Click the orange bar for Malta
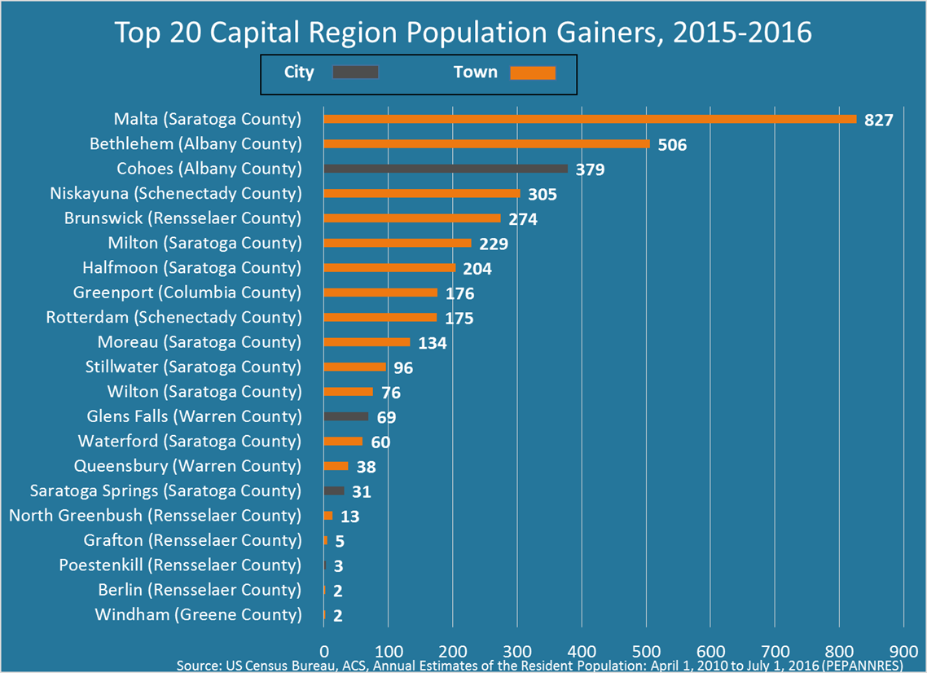[590, 119]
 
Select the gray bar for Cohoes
[446, 169]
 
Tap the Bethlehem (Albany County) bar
[486, 144]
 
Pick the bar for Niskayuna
[421, 193]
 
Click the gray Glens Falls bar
[345, 416]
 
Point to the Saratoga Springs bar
[334, 490]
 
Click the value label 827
[879, 121]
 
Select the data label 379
[590, 170]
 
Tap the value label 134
[433, 343]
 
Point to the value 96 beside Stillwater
[403, 368]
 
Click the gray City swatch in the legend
[355, 73]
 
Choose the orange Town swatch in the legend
[533, 73]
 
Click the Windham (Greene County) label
[198, 614]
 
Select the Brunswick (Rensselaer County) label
[182, 218]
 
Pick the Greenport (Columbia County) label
[187, 293]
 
